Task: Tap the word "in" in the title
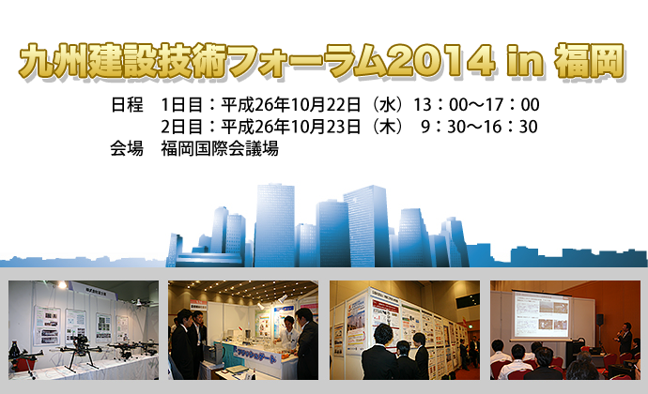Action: tap(525, 61)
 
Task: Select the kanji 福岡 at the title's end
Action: tap(589, 61)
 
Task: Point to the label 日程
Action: tap(127, 104)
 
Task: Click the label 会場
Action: tap(127, 148)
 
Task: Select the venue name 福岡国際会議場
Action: tap(220, 148)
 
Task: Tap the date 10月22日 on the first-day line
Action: tap(326, 104)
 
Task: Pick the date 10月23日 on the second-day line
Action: tap(326, 127)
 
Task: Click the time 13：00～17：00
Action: tap(476, 104)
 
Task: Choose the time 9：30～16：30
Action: tap(479, 127)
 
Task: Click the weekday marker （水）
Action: tap(388, 104)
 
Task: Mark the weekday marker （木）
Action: tap(388, 127)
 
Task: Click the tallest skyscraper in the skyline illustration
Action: tap(274, 225)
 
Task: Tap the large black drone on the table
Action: tap(79, 350)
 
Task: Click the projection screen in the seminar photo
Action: tap(541, 314)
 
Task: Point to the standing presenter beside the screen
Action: tap(624, 338)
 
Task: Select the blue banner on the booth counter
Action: tap(255, 356)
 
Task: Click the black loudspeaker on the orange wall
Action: tap(600, 318)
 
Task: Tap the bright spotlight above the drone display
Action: tap(62, 284)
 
